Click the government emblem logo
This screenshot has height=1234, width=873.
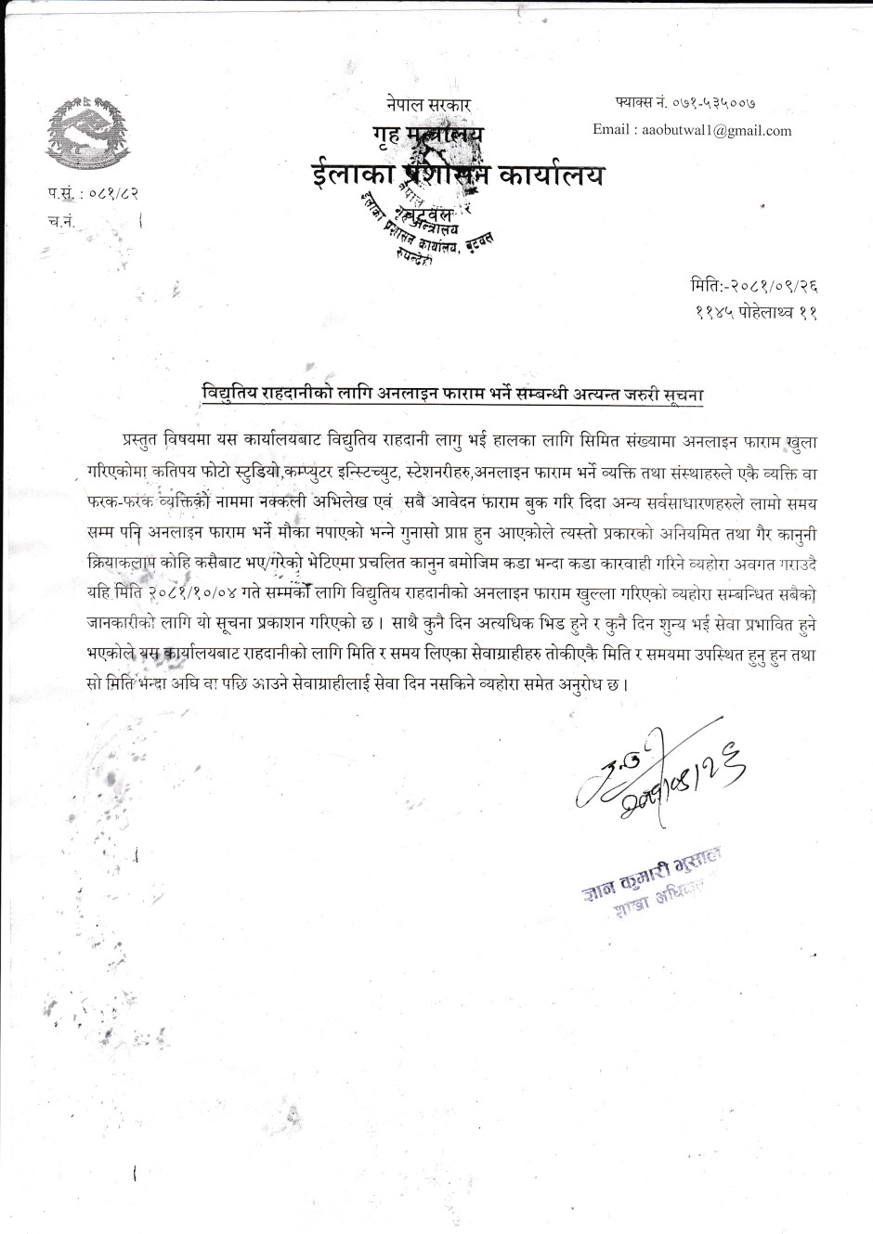[x=80, y=129]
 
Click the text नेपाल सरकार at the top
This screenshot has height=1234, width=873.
[x=429, y=105]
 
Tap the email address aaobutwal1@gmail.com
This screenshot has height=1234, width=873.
[x=716, y=131]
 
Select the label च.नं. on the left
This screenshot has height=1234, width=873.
[x=61, y=222]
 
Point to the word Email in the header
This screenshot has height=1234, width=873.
[x=611, y=131]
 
